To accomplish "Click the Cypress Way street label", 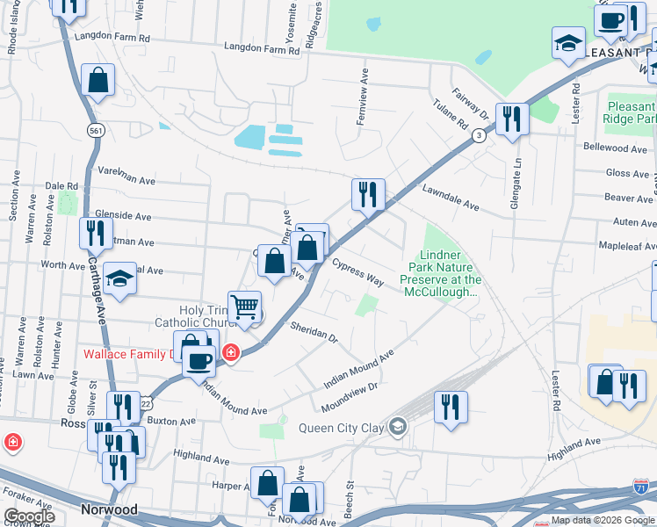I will click(x=357, y=272).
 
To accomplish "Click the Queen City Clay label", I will click(x=343, y=428).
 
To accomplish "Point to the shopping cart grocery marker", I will click(x=245, y=307).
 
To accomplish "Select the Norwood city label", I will click(x=109, y=509).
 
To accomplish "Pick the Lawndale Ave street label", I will click(x=450, y=199).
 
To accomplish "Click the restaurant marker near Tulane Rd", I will click(x=511, y=119).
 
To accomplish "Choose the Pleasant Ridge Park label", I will click(x=631, y=112).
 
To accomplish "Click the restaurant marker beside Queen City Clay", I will click(x=451, y=407).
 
